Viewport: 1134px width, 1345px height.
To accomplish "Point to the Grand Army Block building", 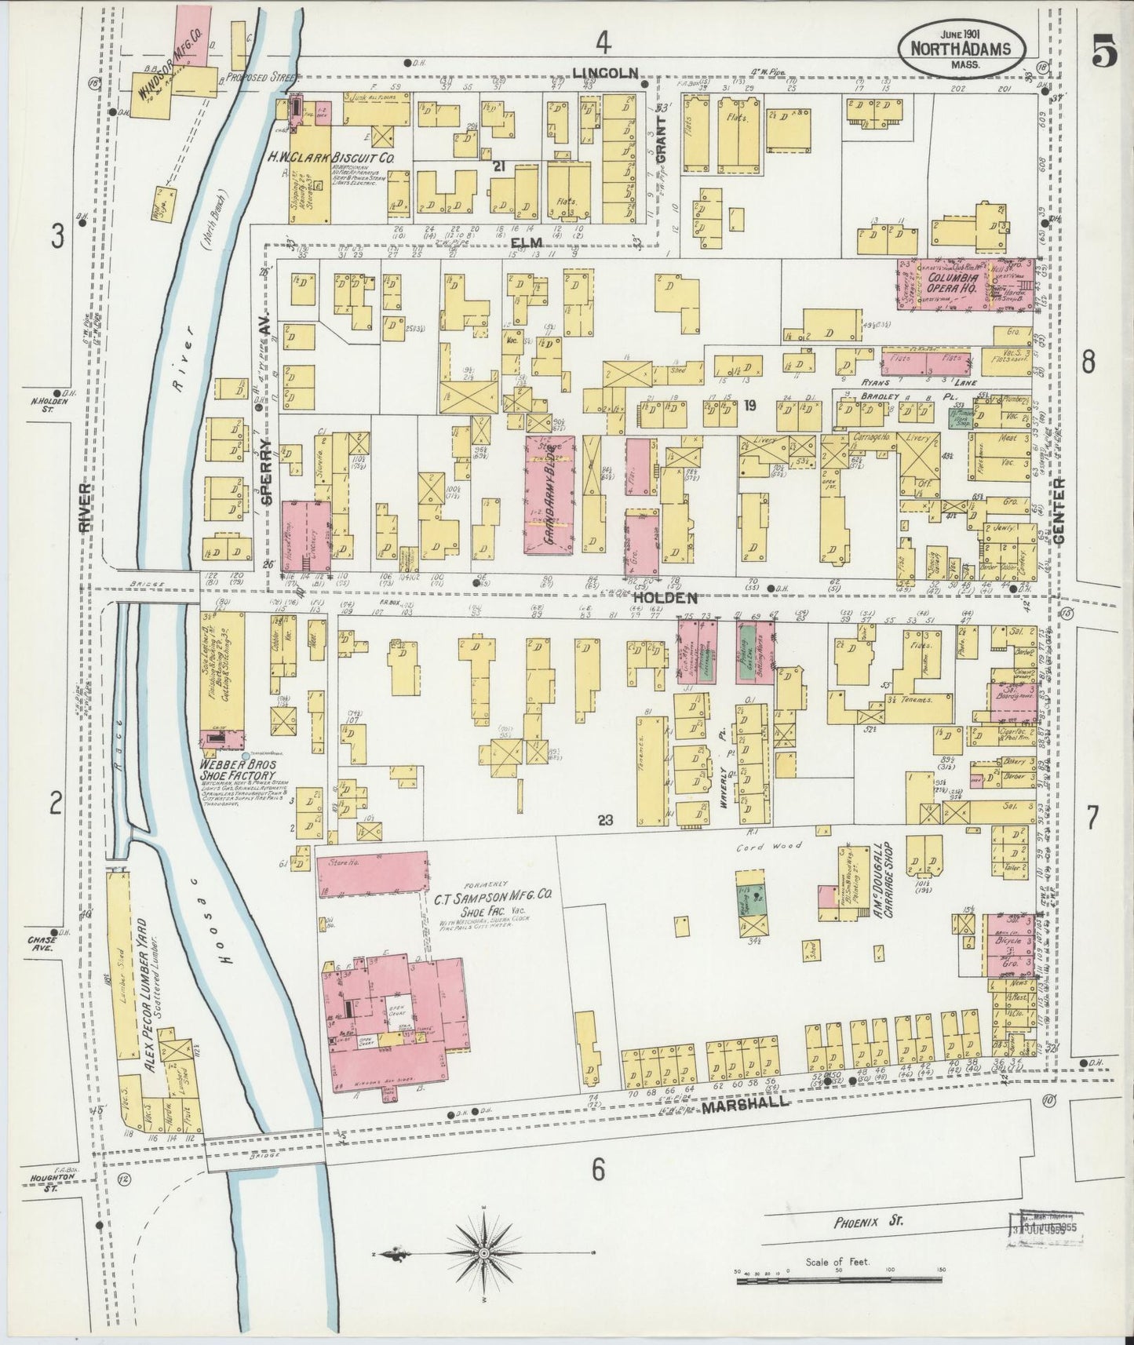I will pyautogui.click(x=549, y=494).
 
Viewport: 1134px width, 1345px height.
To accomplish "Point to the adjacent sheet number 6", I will pyautogui.click(x=598, y=1170).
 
